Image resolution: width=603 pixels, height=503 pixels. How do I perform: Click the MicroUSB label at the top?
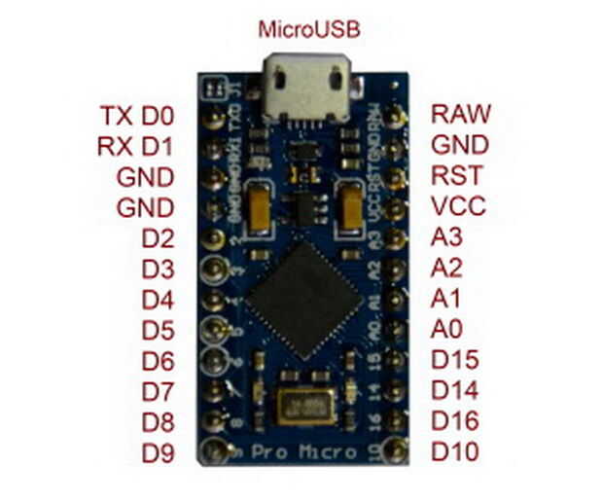[x=309, y=28]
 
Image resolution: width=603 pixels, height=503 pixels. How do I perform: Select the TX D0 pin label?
[x=136, y=116]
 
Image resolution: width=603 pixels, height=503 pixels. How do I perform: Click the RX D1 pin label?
[x=135, y=147]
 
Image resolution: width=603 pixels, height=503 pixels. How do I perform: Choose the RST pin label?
[x=457, y=177]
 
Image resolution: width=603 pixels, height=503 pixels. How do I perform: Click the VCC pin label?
[x=458, y=207]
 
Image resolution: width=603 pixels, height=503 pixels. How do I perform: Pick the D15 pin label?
[x=455, y=360]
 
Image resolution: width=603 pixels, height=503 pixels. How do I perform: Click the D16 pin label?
[x=455, y=422]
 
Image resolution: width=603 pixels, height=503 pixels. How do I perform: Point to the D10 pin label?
[x=455, y=452]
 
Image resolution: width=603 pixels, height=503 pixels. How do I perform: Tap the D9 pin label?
[x=158, y=452]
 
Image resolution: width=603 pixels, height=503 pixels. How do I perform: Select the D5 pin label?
[x=158, y=329]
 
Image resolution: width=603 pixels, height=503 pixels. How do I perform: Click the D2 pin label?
[x=158, y=238]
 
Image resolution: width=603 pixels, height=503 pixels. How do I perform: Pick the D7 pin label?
[x=158, y=391]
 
